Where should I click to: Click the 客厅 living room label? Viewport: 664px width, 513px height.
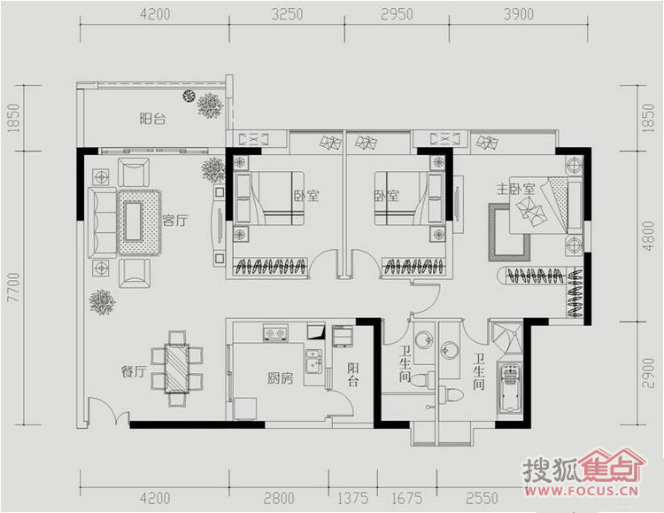point(175,220)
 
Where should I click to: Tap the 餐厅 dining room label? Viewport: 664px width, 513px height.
point(134,372)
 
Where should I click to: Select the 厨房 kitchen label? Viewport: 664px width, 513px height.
point(281,377)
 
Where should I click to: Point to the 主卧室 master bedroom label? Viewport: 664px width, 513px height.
point(515,189)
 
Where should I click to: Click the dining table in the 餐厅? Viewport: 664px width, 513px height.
point(176,368)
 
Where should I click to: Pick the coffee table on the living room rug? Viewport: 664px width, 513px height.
point(134,222)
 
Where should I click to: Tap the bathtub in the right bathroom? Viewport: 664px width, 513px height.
point(509,387)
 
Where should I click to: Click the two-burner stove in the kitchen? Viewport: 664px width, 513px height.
point(275,333)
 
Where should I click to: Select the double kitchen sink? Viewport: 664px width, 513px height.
point(313,362)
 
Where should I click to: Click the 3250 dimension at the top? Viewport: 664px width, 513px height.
point(287,14)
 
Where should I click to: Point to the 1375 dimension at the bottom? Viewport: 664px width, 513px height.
point(352,498)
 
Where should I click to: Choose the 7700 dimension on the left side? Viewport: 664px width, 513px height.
point(14,287)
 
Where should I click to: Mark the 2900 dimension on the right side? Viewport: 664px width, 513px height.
point(648,373)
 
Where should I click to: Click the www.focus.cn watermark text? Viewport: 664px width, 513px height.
point(581,491)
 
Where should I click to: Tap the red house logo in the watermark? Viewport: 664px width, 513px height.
point(613,466)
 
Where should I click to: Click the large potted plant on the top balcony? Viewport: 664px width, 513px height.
point(210,105)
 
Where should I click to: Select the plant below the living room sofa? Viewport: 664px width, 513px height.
point(102,302)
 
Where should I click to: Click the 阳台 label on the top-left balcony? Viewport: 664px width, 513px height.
point(152,119)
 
